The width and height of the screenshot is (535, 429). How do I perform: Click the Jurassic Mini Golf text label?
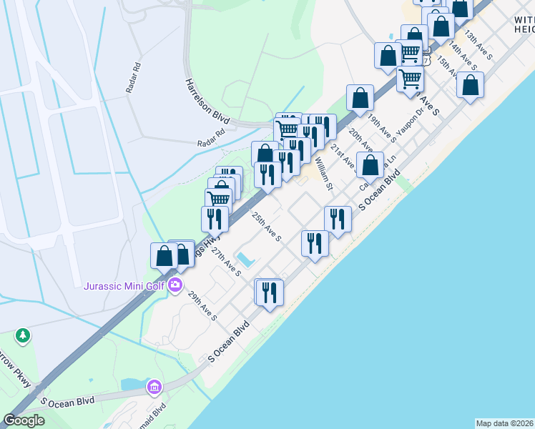125,287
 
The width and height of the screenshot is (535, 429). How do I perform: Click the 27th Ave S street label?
227,264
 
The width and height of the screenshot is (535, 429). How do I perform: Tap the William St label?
324,175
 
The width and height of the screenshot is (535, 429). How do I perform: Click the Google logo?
24,420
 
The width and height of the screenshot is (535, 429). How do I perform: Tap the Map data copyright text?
505,423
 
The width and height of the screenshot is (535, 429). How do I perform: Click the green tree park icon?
23,335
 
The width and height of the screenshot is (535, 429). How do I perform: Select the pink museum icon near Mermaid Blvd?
154,387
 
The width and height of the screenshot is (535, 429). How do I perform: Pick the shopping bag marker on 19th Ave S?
360,97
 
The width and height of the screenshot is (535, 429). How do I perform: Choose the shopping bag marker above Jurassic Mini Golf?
165,255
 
